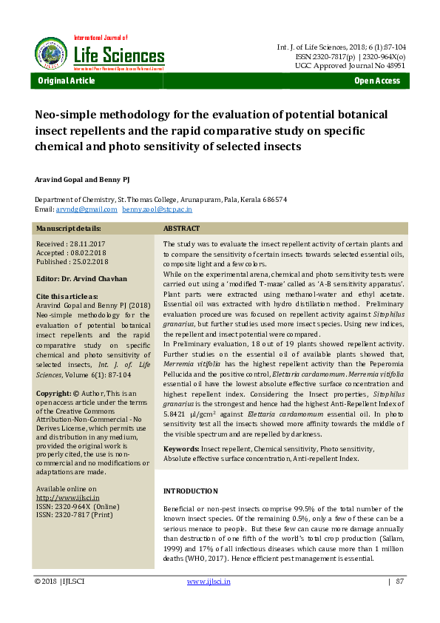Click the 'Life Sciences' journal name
pos(119,55)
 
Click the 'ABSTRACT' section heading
pos(182,229)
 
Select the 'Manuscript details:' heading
pos(69,229)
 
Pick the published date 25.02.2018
pos(89,261)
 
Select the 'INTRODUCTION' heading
pos(190,491)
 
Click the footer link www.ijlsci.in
pos(209,582)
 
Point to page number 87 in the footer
pos(399,582)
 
